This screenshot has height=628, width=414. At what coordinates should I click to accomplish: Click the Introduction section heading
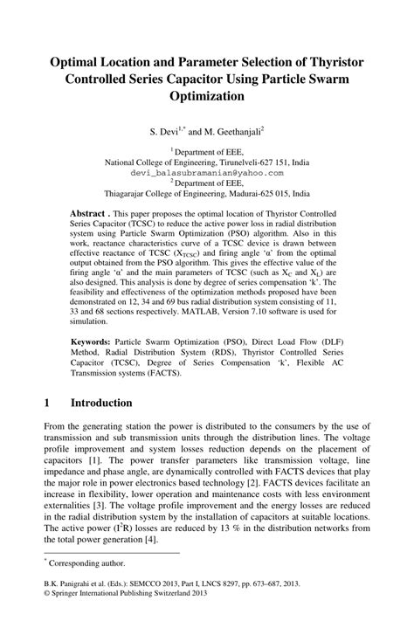101,403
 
